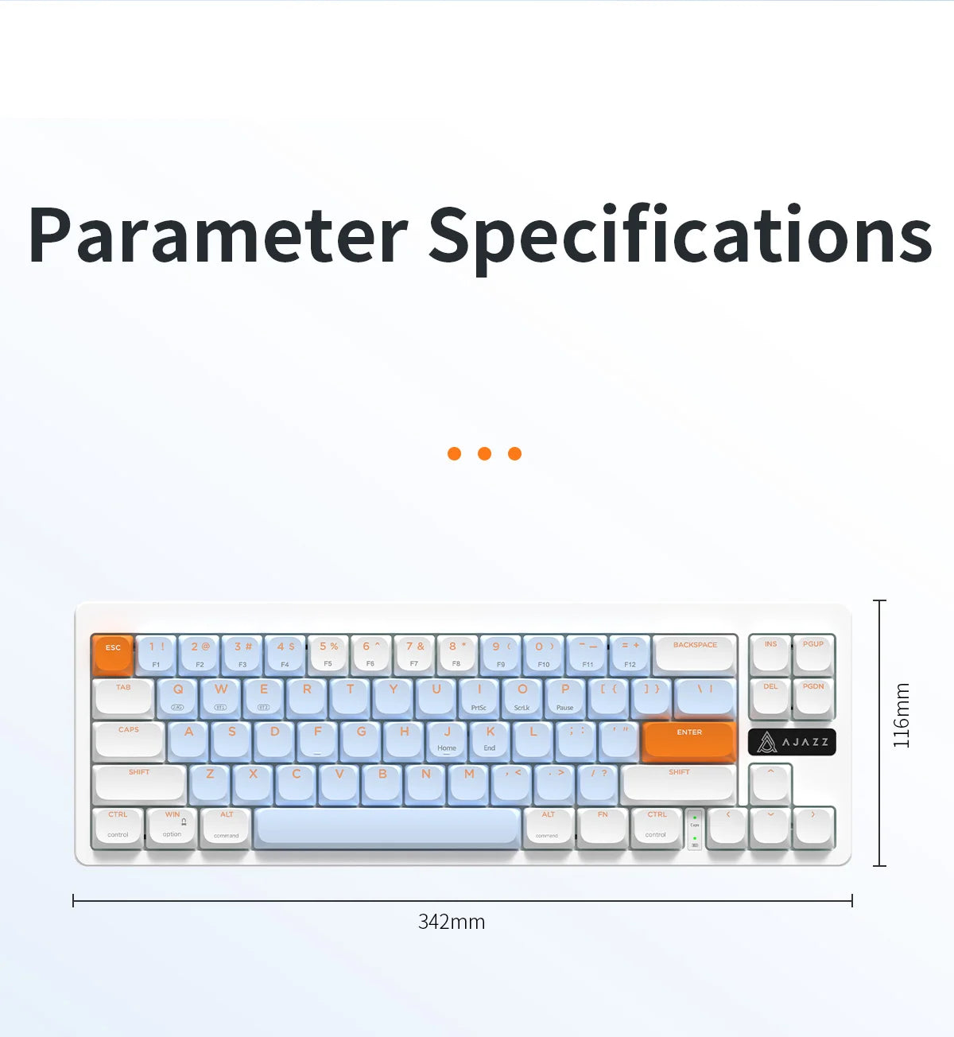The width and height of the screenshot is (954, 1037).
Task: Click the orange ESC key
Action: click(x=112, y=654)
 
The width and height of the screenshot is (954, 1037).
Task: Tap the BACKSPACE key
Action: click(x=695, y=653)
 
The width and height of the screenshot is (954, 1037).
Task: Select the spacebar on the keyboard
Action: click(x=388, y=826)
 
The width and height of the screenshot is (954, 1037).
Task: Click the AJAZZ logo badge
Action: click(x=792, y=742)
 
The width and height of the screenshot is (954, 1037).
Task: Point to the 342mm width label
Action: click(x=452, y=922)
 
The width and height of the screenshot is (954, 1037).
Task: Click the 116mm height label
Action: click(x=901, y=715)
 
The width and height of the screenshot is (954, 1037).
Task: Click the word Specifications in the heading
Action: click(x=681, y=235)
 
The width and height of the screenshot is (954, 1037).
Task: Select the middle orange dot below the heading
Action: click(x=484, y=453)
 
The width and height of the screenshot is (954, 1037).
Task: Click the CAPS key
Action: click(x=129, y=739)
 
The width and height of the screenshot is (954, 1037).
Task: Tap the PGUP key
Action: click(x=813, y=653)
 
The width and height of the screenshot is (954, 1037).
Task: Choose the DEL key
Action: click(x=770, y=696)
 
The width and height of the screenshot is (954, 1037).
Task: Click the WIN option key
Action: click(x=172, y=825)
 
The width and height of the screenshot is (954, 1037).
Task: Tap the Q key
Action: click(x=178, y=697)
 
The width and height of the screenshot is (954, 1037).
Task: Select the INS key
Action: click(x=770, y=653)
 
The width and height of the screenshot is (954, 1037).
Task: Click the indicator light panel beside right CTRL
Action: click(x=695, y=829)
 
